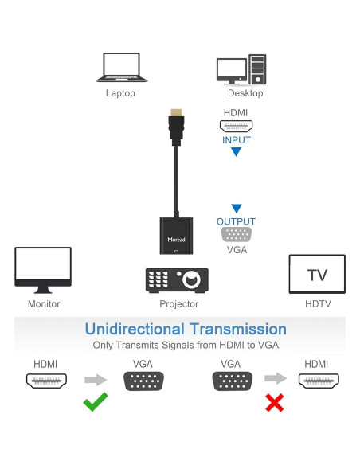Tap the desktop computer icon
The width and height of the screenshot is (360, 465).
coord(240,68)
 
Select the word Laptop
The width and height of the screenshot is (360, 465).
coord(120,93)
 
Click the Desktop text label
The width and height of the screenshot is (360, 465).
coord(240,93)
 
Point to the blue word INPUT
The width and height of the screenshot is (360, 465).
coord(236,140)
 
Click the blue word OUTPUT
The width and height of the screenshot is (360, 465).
coord(236,221)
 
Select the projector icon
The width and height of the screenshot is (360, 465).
coord(177,279)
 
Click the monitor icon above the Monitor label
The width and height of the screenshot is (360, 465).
coord(43,271)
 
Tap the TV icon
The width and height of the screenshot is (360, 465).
coord(316,275)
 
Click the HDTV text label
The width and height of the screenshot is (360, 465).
coord(316,303)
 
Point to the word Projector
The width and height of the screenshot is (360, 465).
coord(178,303)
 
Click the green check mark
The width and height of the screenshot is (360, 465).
coord(96,402)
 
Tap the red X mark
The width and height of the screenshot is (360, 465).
coord(275,403)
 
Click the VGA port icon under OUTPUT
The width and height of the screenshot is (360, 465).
coord(236,235)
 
